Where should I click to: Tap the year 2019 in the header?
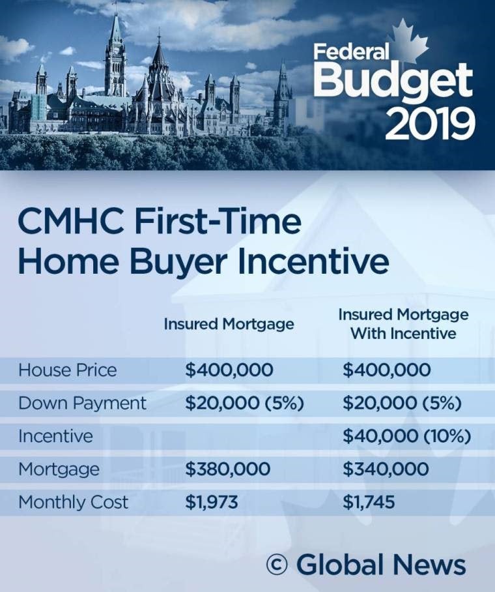click(x=430, y=124)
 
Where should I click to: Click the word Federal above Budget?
click(x=351, y=52)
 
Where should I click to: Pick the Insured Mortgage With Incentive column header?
click(x=403, y=323)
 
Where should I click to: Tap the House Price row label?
click(x=68, y=370)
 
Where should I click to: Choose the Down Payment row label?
click(x=82, y=403)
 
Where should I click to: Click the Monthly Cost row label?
click(x=73, y=502)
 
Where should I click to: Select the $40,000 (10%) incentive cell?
click(x=406, y=436)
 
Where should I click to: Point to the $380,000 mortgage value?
click(x=227, y=469)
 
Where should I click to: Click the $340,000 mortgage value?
click(x=386, y=469)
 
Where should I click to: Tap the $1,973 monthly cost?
click(x=211, y=502)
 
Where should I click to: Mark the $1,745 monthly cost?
click(x=369, y=502)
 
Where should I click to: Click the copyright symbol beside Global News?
click(x=277, y=565)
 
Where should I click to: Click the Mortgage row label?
click(x=59, y=469)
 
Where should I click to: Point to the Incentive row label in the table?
click(x=55, y=436)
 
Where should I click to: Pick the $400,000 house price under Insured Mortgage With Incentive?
click(x=386, y=370)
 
